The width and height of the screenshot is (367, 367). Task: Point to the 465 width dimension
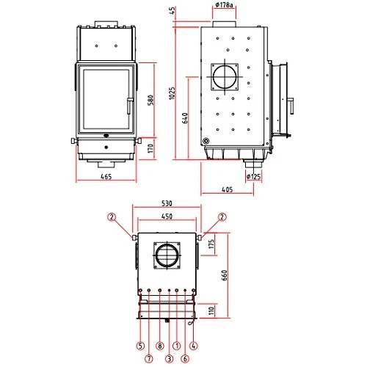tap(106, 177)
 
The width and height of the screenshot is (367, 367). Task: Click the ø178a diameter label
tap(225, 6)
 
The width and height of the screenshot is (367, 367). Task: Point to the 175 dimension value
tap(211, 244)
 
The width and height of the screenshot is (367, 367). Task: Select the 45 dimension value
tap(173, 10)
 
